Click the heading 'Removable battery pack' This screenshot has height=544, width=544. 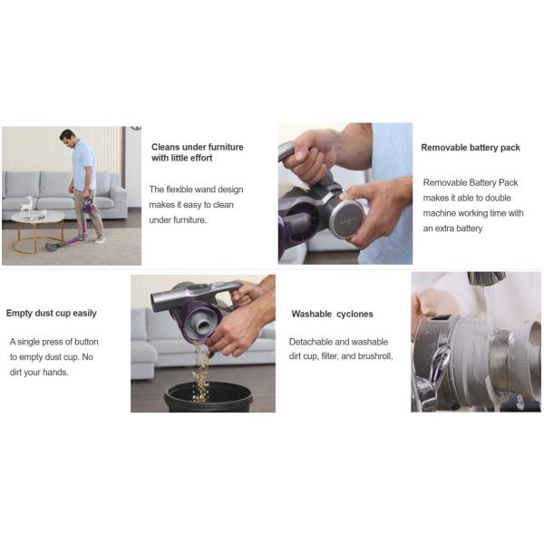tap(470, 148)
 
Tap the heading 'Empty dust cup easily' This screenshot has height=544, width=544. tap(52, 314)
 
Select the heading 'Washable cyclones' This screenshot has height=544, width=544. tap(333, 314)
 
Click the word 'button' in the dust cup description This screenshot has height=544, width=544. tap(86, 342)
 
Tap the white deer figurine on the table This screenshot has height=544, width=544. tap(26, 206)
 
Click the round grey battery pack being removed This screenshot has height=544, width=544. tap(346, 219)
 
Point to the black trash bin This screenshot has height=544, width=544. tap(209, 397)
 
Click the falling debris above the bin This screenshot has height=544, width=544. tap(201, 371)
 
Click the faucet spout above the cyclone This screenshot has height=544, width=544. tap(486, 278)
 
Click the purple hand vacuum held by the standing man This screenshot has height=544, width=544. tap(87, 206)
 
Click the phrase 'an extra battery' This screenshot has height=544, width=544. tap(452, 228)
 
